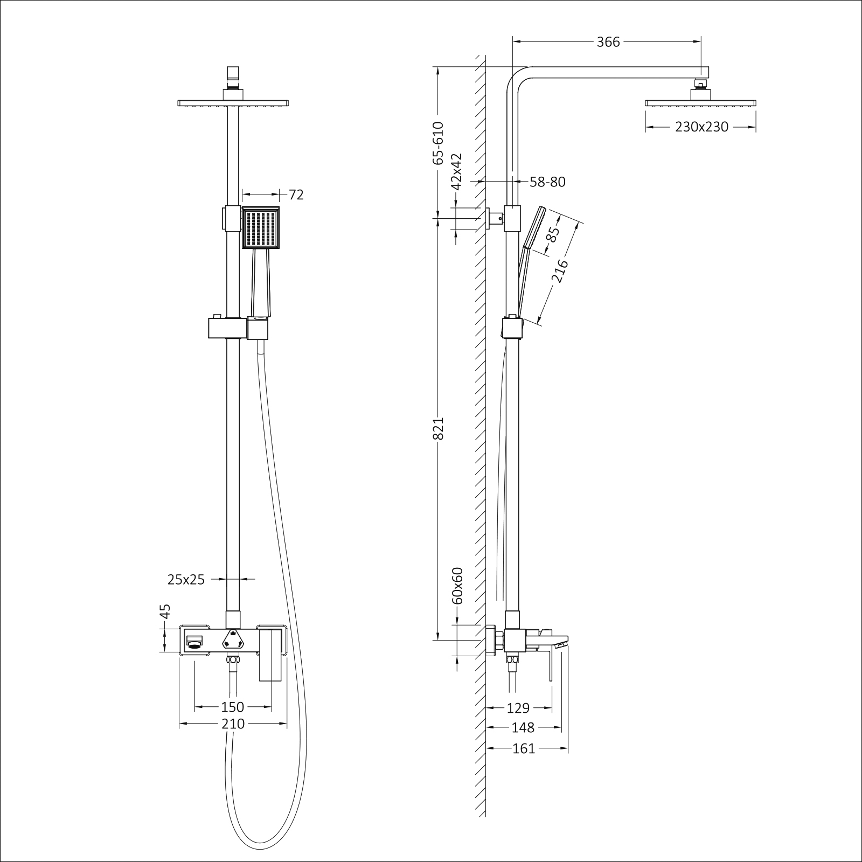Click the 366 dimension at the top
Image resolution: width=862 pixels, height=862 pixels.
tap(608, 42)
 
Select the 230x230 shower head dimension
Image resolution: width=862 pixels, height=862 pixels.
tap(701, 127)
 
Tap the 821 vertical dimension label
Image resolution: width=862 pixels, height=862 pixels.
tap(439, 428)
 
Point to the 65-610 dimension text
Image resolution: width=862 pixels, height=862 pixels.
tap(439, 143)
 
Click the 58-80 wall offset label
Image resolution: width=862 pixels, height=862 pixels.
tap(547, 182)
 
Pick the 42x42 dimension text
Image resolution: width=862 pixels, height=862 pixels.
tap(457, 171)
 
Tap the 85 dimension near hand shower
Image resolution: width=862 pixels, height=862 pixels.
tap(553, 234)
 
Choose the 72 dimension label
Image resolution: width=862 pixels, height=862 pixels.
tap(296, 194)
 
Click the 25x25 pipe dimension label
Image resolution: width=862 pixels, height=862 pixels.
tap(186, 580)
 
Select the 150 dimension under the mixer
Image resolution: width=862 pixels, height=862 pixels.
tap(233, 707)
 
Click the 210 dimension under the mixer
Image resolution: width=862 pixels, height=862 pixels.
tap(233, 724)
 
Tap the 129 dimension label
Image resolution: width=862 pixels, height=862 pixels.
tap(518, 708)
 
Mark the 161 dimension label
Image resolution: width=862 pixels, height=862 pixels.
tap(524, 748)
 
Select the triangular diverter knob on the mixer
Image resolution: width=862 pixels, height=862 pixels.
tap(233, 639)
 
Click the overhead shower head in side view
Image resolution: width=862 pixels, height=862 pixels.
tap(700, 102)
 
